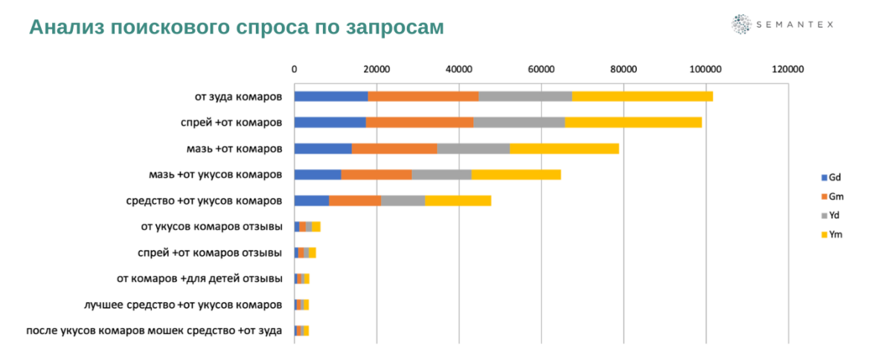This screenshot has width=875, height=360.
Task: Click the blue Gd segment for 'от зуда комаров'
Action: (331, 96)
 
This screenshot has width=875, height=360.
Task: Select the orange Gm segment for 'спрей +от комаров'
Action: (420, 122)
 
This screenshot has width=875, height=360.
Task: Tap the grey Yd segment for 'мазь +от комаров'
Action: (473, 148)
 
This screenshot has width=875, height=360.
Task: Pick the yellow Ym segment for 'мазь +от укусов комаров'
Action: (516, 174)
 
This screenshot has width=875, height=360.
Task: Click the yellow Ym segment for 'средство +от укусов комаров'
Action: (458, 200)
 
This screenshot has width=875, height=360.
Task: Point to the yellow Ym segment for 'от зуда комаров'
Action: (642, 96)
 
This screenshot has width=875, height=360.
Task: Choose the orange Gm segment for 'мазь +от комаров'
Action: (394, 148)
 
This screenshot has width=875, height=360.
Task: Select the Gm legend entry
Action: (830, 196)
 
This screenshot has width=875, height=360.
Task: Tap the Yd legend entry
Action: (830, 215)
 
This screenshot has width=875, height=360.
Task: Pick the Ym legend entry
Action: (830, 234)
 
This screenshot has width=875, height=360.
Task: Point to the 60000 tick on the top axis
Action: (541, 69)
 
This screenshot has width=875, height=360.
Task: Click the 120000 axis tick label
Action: (788, 69)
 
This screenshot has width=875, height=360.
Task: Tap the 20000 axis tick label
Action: (376, 69)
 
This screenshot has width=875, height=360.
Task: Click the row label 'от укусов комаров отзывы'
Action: (211, 226)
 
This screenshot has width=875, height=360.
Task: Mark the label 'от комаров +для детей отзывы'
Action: (199, 278)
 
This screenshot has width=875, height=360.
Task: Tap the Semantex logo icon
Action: (742, 25)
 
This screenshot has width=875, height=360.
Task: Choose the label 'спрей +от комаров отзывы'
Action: (210, 252)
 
